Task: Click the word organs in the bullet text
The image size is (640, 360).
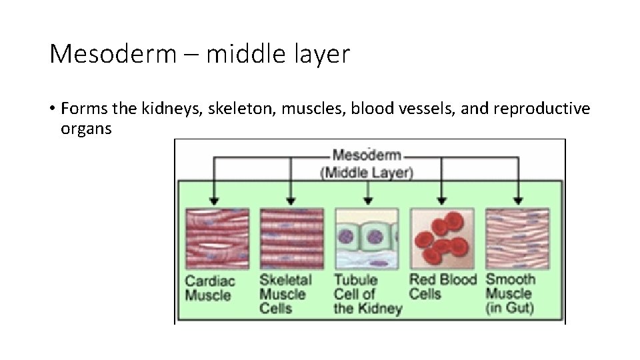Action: coord(86,128)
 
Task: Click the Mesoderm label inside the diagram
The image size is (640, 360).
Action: coord(367,155)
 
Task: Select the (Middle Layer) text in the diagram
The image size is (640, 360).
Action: coord(367,172)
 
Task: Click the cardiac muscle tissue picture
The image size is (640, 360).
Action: coord(217,238)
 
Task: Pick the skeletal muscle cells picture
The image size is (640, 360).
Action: coord(291,238)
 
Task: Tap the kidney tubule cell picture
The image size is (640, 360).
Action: coord(366,238)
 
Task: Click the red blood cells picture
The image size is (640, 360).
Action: coord(441,238)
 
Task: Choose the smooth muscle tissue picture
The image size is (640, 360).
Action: coord(517,238)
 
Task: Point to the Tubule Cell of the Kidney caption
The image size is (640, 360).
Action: coord(367,294)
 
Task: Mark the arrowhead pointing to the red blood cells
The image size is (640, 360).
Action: coord(441,199)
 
